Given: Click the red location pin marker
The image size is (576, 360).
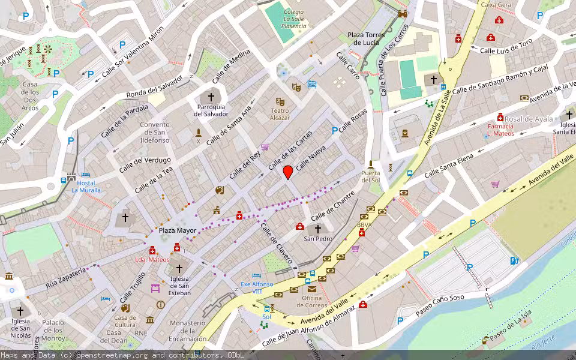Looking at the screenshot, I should coord(288,172).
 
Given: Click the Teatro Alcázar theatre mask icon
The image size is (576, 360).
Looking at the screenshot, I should coord(280,102).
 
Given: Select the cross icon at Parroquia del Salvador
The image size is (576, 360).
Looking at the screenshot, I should coord(211,97).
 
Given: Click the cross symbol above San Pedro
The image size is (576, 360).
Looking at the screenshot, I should coord(318,229).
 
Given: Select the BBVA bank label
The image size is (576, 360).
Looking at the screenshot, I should coord(364,225).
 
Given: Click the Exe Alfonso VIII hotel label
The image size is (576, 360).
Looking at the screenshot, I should coord(257,287).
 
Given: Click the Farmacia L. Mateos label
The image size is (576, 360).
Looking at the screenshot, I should coord(500,130).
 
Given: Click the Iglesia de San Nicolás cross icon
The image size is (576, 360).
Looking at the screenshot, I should coord(20,311).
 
